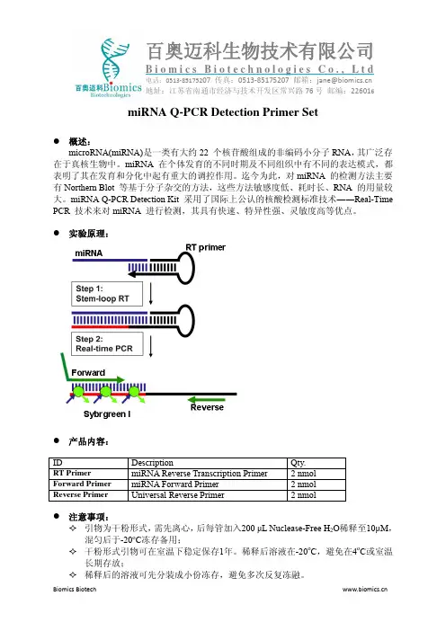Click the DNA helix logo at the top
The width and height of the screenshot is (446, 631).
click(115, 59)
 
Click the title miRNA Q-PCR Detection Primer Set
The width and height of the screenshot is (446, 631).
click(223, 111)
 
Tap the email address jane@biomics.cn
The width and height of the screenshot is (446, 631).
click(344, 80)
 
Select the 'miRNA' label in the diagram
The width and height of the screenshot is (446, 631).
click(88, 253)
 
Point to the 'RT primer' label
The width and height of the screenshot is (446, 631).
click(205, 247)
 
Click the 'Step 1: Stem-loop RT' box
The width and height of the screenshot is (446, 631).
click(107, 294)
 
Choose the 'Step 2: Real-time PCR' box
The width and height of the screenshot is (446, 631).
click(107, 343)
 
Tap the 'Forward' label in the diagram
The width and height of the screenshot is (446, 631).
click(88, 373)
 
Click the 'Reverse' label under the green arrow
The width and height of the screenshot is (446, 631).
click(207, 407)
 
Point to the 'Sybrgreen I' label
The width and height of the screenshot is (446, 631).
click(107, 414)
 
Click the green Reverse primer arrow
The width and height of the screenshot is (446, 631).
click(207, 400)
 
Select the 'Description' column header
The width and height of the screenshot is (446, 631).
click(152, 463)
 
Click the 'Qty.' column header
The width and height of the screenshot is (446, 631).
click(299, 463)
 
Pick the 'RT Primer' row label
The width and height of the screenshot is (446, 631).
click(72, 473)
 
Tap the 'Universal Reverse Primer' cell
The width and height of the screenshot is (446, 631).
click(178, 495)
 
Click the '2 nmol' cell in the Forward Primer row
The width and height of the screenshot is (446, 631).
click(304, 484)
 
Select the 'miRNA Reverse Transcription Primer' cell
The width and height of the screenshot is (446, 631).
click(200, 474)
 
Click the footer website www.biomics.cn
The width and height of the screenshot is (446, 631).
click(365, 589)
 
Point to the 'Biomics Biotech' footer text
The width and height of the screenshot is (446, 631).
click(75, 589)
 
